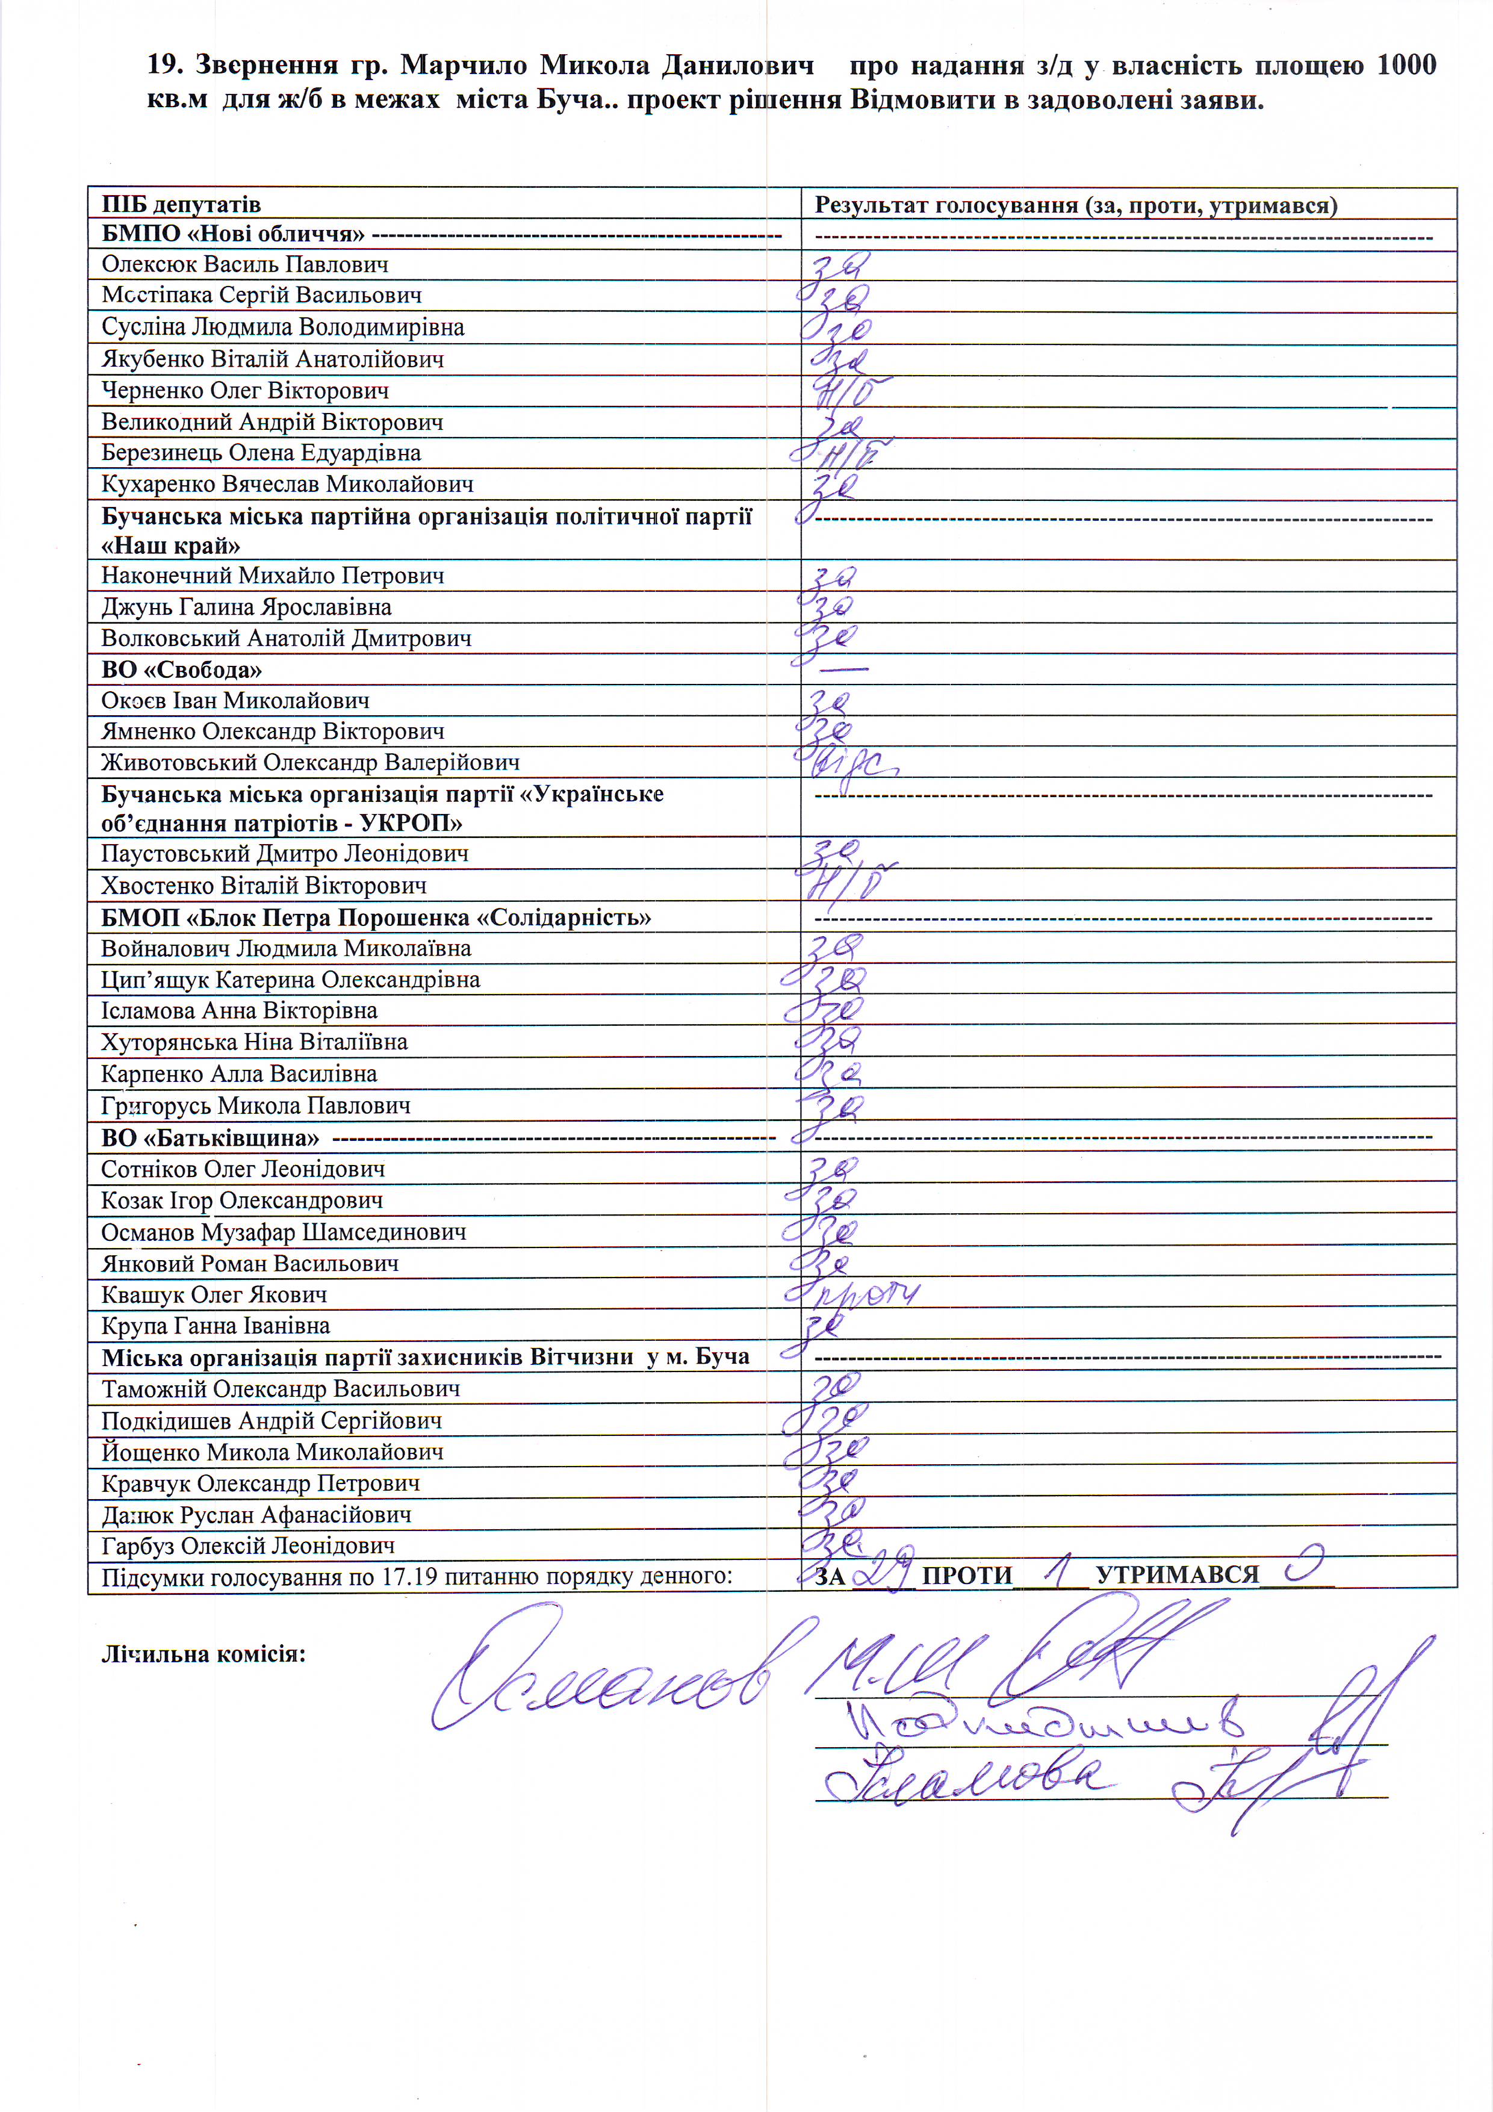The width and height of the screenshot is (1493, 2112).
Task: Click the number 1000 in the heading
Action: (x=1406, y=65)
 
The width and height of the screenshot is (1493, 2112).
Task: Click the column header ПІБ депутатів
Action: (x=181, y=204)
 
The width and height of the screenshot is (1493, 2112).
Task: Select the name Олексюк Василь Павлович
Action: (x=244, y=265)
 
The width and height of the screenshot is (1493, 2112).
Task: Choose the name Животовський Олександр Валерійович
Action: (x=310, y=763)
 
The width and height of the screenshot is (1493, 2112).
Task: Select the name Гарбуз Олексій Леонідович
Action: (x=249, y=1545)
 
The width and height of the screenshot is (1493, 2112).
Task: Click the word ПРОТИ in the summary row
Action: (x=967, y=1576)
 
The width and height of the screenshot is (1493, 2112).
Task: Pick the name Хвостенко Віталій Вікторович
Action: (x=264, y=886)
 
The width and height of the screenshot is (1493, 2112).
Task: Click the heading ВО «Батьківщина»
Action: (x=211, y=1138)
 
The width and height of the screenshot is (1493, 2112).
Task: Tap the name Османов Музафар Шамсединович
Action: (x=284, y=1232)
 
